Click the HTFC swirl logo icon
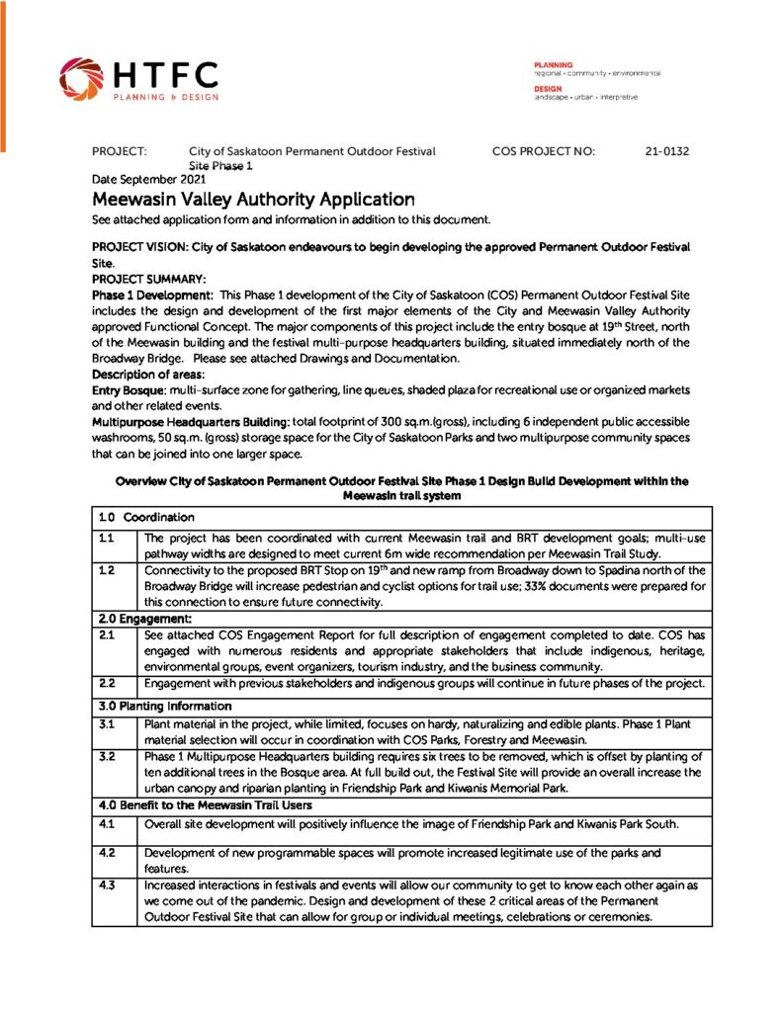pos(79,78)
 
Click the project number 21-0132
pos(666,152)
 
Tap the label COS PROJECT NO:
pos(543,152)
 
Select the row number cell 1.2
pos(106,570)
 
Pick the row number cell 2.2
pos(106,683)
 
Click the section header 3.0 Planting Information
pos(164,706)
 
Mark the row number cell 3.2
pos(106,756)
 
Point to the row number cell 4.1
pos(106,822)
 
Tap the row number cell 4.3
pos(106,885)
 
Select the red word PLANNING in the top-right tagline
pos(554,63)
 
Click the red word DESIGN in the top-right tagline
pos(548,88)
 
